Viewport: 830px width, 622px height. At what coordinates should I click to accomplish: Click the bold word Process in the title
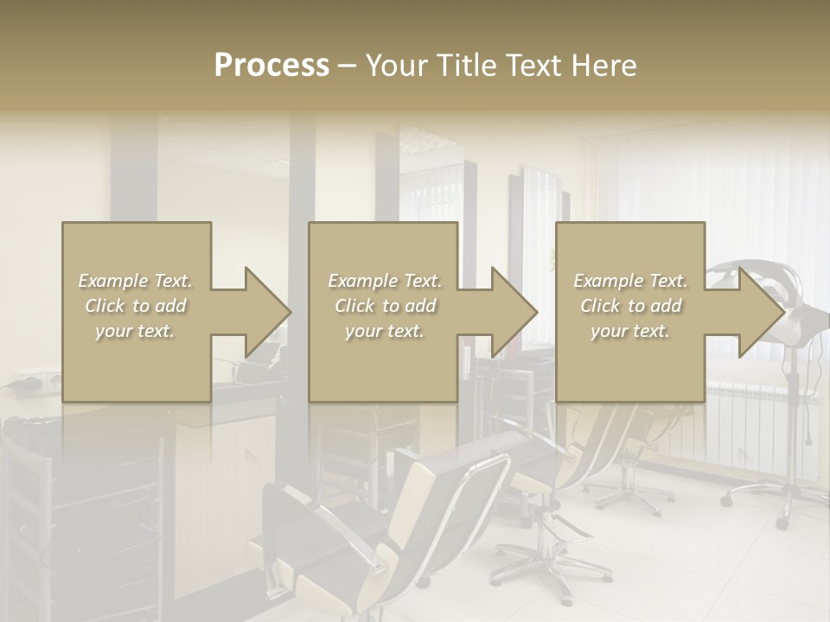pyautogui.click(x=271, y=66)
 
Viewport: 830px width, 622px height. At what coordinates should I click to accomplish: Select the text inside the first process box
pyautogui.click(x=135, y=306)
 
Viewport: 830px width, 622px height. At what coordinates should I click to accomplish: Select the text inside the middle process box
pyautogui.click(x=384, y=306)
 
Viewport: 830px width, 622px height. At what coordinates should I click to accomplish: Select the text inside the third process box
pyautogui.click(x=629, y=306)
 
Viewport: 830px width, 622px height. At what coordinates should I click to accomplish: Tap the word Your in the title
pyautogui.click(x=398, y=66)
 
